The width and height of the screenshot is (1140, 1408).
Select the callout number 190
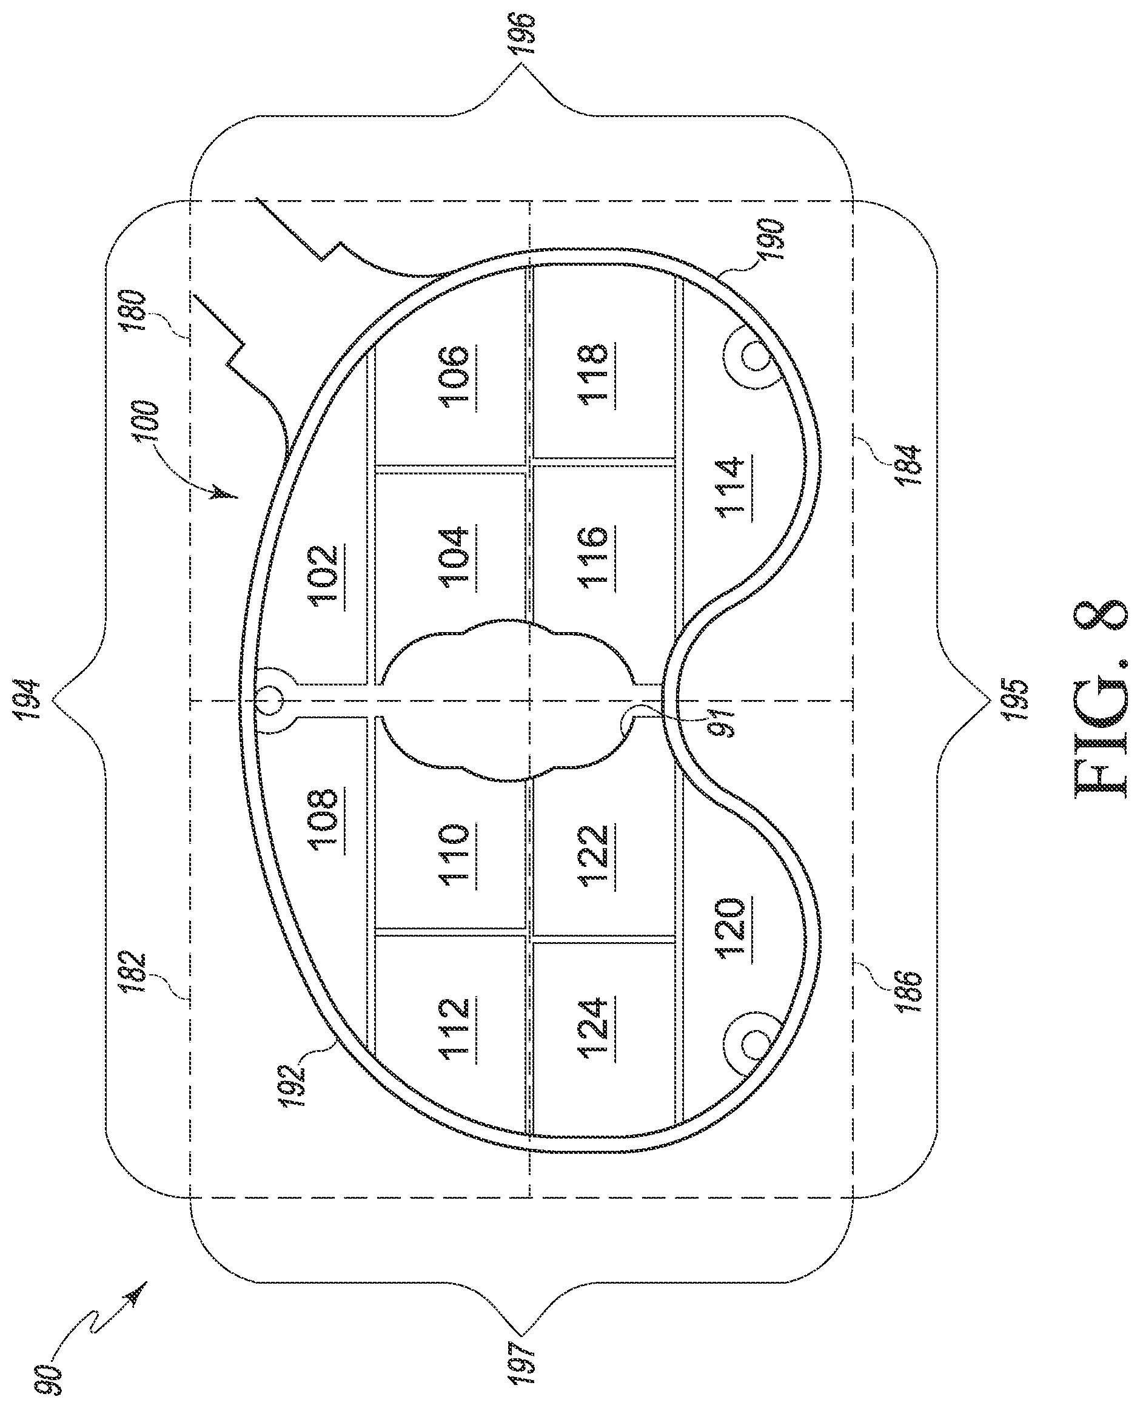[x=770, y=240]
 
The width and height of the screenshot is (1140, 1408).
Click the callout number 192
[x=295, y=1087]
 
